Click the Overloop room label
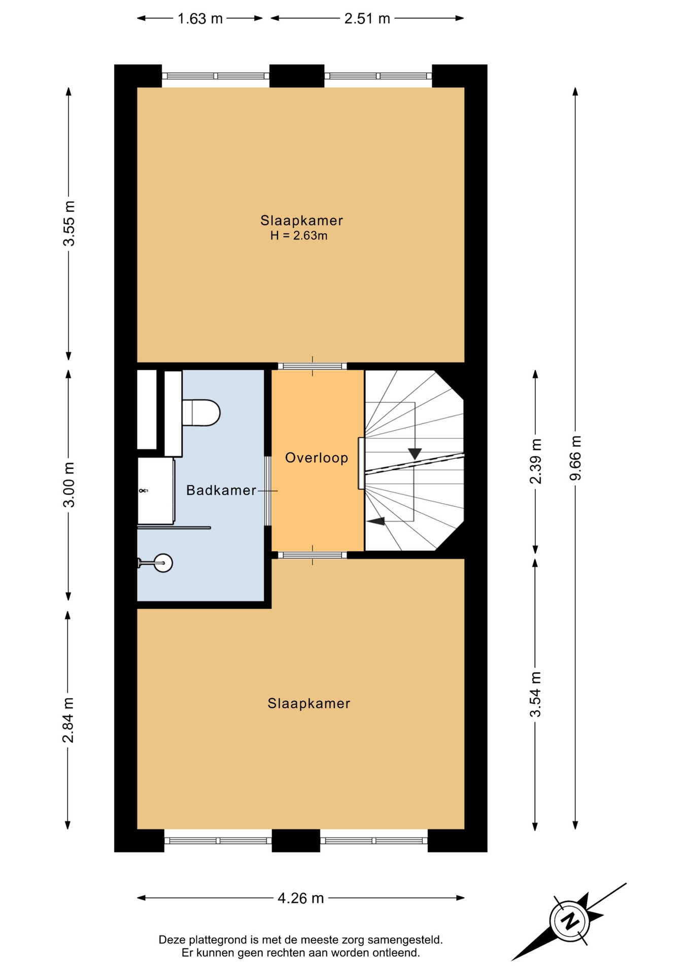(317, 458)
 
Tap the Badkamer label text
(221, 491)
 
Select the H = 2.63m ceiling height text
(299, 236)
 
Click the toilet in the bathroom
(201, 413)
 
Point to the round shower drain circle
(163, 563)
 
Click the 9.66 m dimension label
(575, 458)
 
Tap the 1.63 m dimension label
(200, 19)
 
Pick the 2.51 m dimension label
(367, 19)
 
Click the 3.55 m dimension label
(69, 224)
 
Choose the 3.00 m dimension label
(69, 485)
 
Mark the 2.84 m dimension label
(68, 720)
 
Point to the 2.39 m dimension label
(536, 461)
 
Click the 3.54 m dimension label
(536, 694)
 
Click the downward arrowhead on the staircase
(415, 454)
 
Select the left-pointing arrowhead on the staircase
(376, 521)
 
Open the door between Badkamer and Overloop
(267, 491)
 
